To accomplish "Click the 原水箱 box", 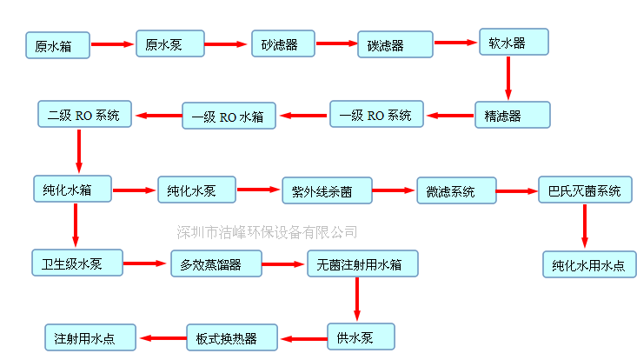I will [57, 45].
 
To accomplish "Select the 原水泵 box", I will [169, 43].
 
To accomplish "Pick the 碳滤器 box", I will [395, 45].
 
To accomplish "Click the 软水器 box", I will [514, 43].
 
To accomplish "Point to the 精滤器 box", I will [512, 114].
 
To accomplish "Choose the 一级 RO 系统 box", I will [375, 114].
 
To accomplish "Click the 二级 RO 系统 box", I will [83, 114].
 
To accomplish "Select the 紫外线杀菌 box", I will [327, 190].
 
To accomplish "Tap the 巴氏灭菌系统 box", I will [585, 190].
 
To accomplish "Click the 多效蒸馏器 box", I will [216, 263].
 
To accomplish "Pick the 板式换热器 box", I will [232, 337].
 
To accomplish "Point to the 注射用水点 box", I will [90, 337].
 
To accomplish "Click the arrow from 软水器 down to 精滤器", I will [508, 79].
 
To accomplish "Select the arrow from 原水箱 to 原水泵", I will [113, 43].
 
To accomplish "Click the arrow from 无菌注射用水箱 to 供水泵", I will [355, 299].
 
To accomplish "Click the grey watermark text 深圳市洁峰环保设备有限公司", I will [267, 231].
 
